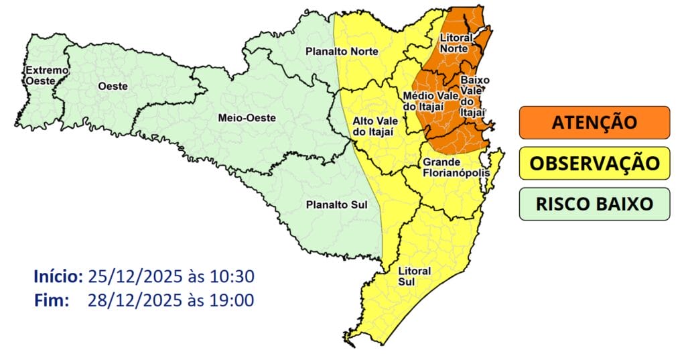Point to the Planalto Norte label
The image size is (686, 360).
coord(342,51)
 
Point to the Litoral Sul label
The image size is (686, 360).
coord(415,276)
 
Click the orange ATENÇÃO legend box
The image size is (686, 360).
coord(594,123)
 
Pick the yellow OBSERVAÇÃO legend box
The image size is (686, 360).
coord(594,164)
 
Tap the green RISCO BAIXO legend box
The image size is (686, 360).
coord(594,204)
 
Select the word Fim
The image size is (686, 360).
coord(52,300)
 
